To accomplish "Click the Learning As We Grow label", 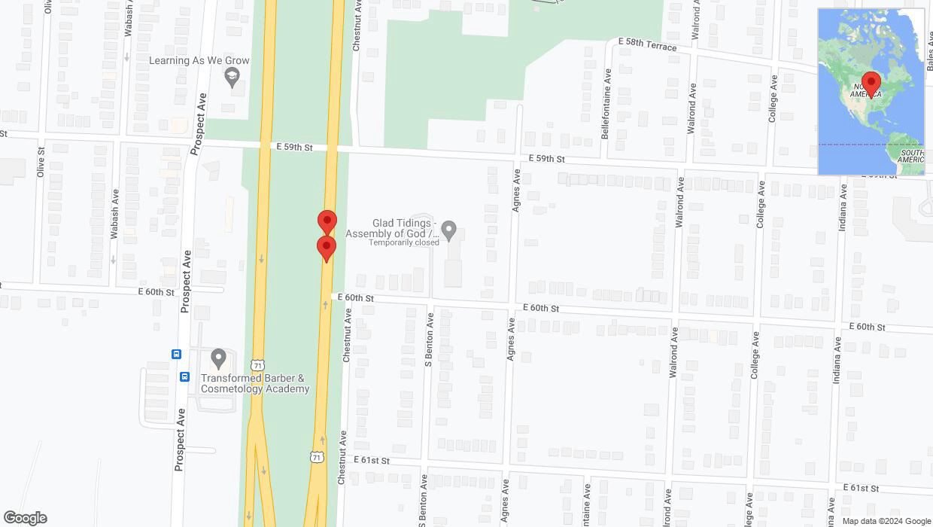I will [199, 60].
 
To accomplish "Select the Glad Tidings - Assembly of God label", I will [391, 228].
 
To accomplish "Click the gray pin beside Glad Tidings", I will [449, 230].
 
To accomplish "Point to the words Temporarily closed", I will [403, 243].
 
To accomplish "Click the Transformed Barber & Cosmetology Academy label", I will [254, 383].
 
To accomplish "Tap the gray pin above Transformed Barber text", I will [218, 358].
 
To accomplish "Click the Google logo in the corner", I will [25, 518].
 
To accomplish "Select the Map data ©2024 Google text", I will [886, 521].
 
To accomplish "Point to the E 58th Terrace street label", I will [647, 45].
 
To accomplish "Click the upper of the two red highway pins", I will [327, 221].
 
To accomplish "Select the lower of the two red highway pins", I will [326, 248].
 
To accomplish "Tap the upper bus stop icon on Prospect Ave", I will [176, 355].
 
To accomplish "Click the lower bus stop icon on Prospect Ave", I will [184, 376].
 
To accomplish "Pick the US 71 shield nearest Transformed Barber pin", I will [258, 364].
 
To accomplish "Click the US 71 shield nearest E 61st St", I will [317, 457].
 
